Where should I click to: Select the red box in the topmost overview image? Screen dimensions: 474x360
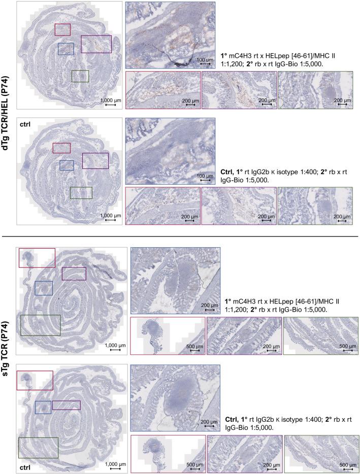[62, 29]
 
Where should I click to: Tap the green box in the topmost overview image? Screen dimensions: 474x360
[80, 76]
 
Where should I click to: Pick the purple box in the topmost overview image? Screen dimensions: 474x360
[96, 44]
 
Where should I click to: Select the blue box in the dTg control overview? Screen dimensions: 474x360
[67, 165]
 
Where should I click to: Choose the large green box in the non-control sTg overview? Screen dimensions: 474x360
[41, 325]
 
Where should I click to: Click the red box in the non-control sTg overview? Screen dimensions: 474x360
[37, 258]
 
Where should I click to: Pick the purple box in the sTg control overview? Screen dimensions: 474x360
[67, 405]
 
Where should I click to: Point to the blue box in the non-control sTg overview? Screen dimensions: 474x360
[44, 288]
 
